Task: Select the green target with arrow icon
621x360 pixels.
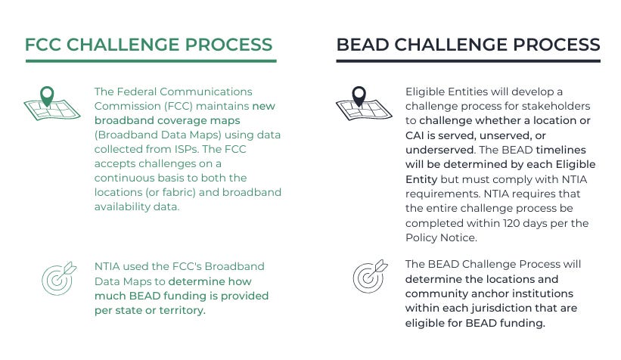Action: click(57, 278)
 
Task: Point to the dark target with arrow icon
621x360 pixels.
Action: click(369, 276)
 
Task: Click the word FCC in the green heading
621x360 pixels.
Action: click(43, 44)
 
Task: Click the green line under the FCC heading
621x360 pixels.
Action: click(151, 61)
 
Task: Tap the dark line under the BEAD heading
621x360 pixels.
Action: click(468, 61)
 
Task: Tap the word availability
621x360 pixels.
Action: click(123, 206)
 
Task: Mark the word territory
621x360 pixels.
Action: click(179, 310)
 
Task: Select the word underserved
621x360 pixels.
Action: click(436, 149)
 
